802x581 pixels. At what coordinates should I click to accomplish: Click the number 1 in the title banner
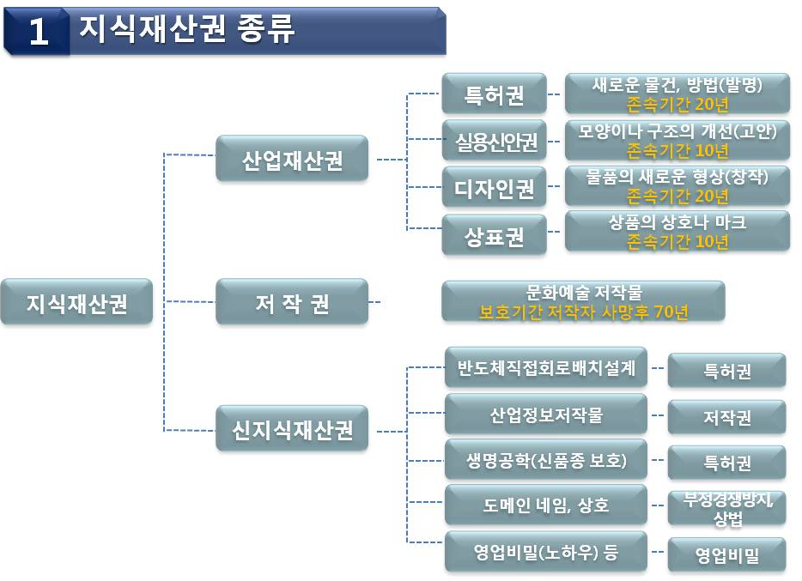[x=39, y=32]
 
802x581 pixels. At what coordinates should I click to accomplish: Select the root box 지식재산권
[x=76, y=301]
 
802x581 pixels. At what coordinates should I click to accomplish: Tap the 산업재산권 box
[x=292, y=158]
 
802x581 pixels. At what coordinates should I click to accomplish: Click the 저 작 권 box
[x=292, y=301]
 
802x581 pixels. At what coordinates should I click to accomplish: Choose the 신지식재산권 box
[x=292, y=428]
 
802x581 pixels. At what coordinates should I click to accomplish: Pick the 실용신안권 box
[x=495, y=141]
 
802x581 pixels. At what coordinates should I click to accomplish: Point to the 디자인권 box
[x=495, y=187]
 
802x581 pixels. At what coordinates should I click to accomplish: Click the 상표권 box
[x=495, y=234]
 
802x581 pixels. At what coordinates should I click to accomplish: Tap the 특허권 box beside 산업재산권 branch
[x=495, y=94]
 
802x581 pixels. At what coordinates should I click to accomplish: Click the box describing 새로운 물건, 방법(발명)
[x=677, y=94]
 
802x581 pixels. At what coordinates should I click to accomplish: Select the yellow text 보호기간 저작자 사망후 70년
[x=584, y=312]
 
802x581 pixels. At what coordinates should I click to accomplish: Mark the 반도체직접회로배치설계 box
[x=546, y=367]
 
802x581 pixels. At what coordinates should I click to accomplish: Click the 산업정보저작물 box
[x=546, y=414]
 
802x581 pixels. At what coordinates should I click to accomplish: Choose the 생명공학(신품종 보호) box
[x=546, y=459]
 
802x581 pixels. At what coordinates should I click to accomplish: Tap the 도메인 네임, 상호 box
[x=546, y=505]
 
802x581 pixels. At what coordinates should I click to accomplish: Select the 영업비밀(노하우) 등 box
[x=546, y=551]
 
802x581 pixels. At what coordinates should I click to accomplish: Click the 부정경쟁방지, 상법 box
[x=727, y=508]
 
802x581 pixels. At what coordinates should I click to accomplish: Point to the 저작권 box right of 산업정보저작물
[x=727, y=417]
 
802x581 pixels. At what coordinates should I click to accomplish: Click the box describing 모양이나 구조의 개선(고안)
[x=677, y=141]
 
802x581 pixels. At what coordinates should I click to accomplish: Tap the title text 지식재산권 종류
[x=187, y=28]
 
